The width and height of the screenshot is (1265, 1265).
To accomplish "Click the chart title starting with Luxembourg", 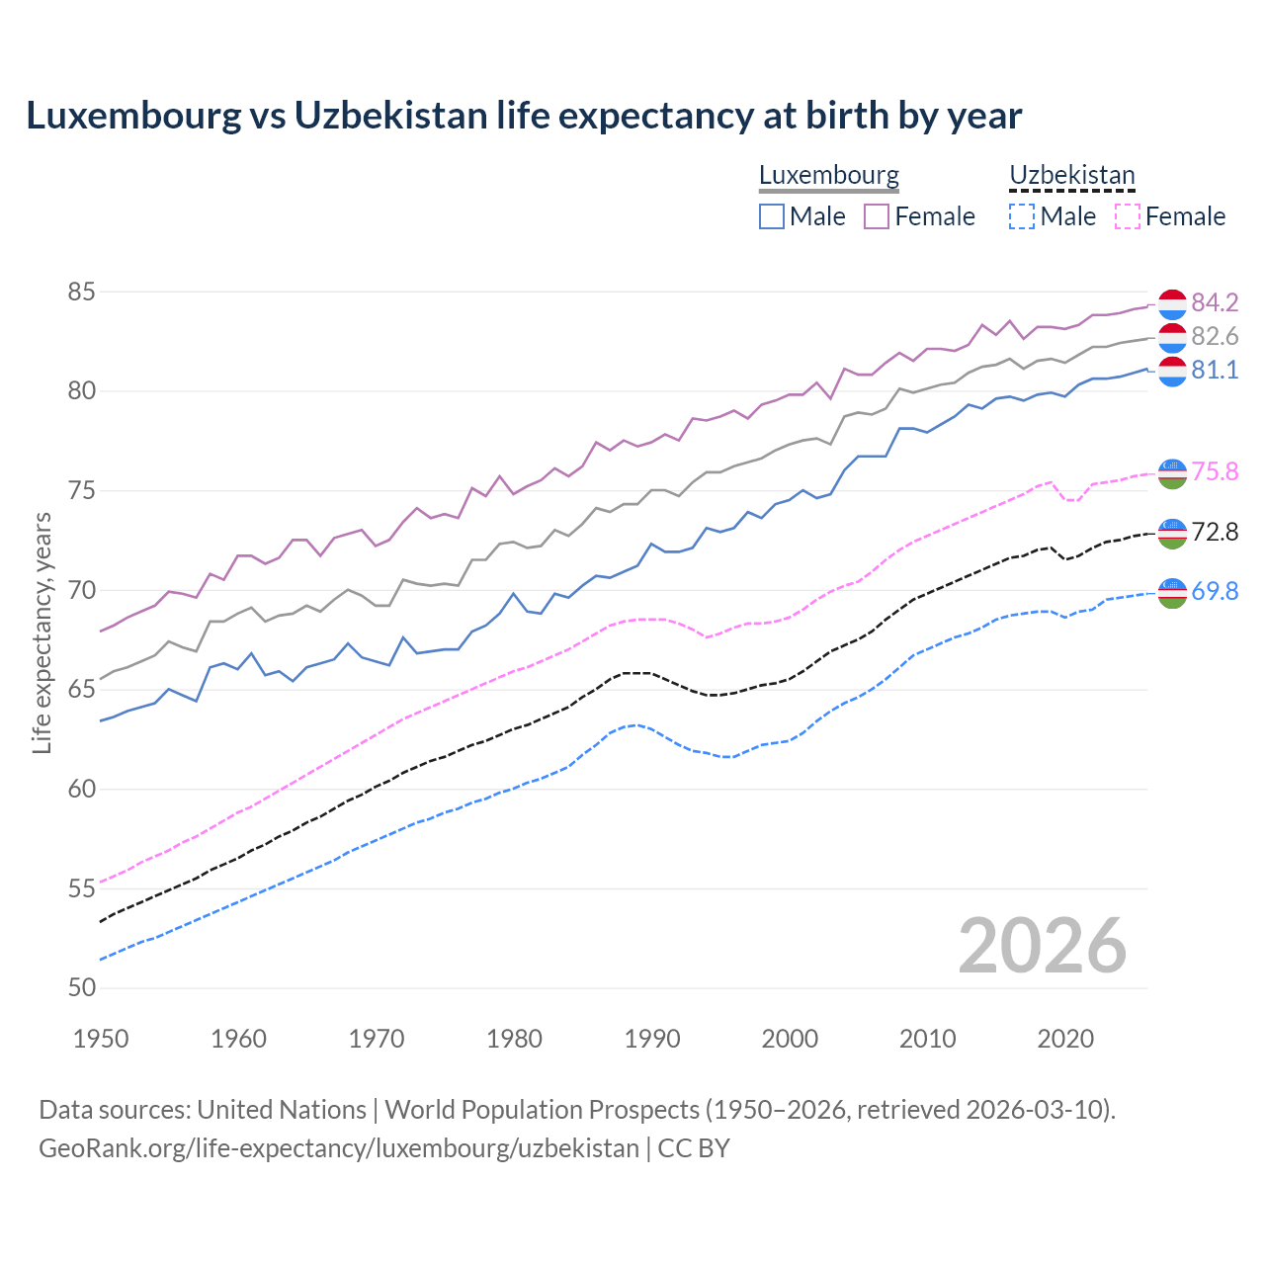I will coord(524,116).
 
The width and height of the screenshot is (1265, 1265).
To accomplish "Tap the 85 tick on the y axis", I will coord(81,293).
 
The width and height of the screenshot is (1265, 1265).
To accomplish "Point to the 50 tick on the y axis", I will coord(81,987).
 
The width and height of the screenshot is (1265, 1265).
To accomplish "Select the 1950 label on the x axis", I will coord(101,1039).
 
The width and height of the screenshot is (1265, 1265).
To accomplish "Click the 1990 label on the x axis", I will coord(652,1039).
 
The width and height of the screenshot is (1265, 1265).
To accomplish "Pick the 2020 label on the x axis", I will coord(1065,1039).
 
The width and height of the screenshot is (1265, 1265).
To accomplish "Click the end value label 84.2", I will coord(1215,302).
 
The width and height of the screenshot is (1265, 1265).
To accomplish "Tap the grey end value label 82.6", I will coord(1215,336).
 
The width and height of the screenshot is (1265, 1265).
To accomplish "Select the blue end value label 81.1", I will coord(1215,370).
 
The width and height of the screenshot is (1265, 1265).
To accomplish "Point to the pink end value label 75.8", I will coord(1215,471).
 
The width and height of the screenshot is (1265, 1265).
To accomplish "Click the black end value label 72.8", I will coord(1215,532).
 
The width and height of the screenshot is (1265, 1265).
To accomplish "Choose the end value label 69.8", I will coord(1215,591).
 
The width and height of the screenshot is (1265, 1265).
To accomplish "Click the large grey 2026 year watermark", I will coord(1043,946).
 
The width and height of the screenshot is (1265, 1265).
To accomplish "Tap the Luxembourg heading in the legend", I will coord(829,175).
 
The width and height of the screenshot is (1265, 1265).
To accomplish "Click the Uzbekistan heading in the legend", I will coord(1072,175).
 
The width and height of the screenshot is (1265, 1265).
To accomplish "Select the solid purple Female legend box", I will coord(877,216).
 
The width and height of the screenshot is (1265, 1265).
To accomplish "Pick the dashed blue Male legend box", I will coord(1022,216).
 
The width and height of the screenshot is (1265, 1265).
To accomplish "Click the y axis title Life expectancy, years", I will coord(42,632).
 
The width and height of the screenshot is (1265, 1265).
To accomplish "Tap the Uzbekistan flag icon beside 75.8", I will coord(1172,473).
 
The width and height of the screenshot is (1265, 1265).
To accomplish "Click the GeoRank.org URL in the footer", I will coord(339,1147).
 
